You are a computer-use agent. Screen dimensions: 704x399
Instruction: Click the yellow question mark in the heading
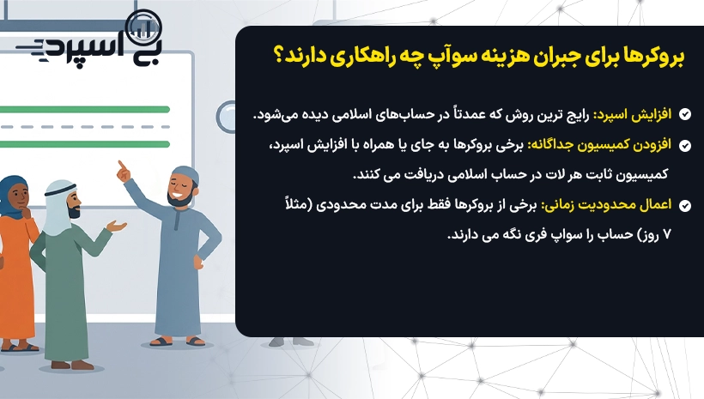(x=279, y=56)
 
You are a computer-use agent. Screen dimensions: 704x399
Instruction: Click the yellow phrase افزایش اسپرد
(x=633, y=115)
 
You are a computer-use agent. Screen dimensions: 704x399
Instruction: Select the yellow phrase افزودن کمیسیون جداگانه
(x=599, y=145)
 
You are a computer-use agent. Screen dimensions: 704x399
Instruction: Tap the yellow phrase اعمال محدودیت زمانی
(x=606, y=205)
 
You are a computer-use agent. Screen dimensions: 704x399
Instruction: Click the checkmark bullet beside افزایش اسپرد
(x=685, y=114)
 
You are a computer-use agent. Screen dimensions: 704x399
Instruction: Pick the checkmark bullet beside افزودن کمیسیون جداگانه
(x=685, y=145)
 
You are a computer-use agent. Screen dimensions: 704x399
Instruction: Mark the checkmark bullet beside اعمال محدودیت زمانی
(x=685, y=206)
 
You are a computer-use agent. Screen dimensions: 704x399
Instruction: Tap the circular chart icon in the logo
(x=143, y=28)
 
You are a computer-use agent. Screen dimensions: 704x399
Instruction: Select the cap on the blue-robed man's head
(x=185, y=173)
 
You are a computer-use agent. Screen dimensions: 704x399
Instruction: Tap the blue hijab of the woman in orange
(x=10, y=193)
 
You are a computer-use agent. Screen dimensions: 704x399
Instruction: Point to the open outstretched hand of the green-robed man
(x=116, y=226)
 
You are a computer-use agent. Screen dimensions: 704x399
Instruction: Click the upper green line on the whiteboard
(x=84, y=110)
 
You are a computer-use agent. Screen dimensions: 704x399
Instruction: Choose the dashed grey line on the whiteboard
(x=84, y=127)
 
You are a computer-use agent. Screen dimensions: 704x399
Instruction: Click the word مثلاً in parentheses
(x=297, y=203)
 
